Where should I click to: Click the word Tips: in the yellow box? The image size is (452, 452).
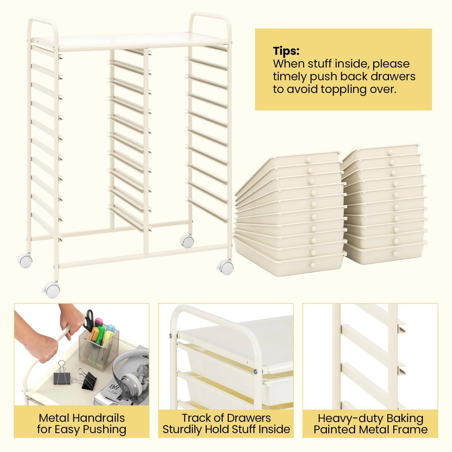point(286,51)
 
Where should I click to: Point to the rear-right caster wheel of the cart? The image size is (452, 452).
point(187,242)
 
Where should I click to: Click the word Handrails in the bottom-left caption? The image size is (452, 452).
point(99,418)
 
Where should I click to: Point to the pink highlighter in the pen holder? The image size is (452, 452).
point(99,322)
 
